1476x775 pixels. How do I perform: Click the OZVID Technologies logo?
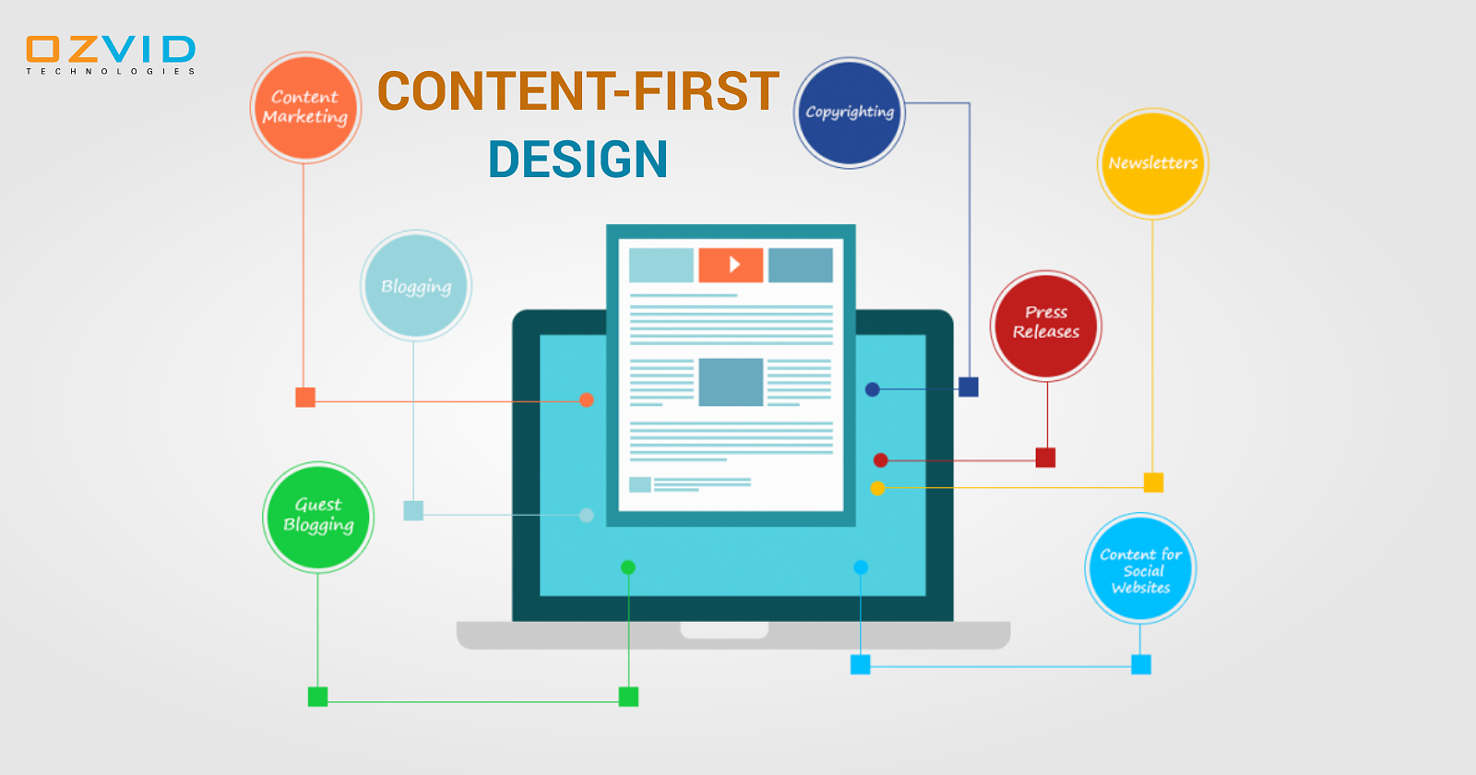(111, 54)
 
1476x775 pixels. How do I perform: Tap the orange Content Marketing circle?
(305, 107)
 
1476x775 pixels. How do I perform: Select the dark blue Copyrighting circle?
(850, 113)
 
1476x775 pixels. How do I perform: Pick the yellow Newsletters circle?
(1153, 163)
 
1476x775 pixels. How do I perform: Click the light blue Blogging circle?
(416, 286)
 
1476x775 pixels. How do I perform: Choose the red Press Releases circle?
(1046, 325)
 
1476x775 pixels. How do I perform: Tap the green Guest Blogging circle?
(318, 517)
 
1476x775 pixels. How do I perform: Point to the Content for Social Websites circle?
(1140, 569)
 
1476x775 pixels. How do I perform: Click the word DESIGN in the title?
(577, 160)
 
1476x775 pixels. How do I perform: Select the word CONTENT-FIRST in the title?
(578, 91)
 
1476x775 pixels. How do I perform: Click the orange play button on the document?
(731, 265)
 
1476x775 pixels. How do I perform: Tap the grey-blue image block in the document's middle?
(731, 382)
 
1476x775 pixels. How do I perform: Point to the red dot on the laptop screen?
(881, 460)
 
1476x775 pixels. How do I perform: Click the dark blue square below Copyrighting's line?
(969, 387)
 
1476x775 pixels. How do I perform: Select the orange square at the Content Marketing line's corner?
(305, 398)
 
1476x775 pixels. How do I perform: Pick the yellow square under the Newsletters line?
(1153, 483)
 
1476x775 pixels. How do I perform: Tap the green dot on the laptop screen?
(628, 567)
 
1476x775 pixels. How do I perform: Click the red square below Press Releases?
(1045, 458)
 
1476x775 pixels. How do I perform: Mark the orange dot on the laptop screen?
(587, 400)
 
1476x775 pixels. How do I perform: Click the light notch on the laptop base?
(724, 630)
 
